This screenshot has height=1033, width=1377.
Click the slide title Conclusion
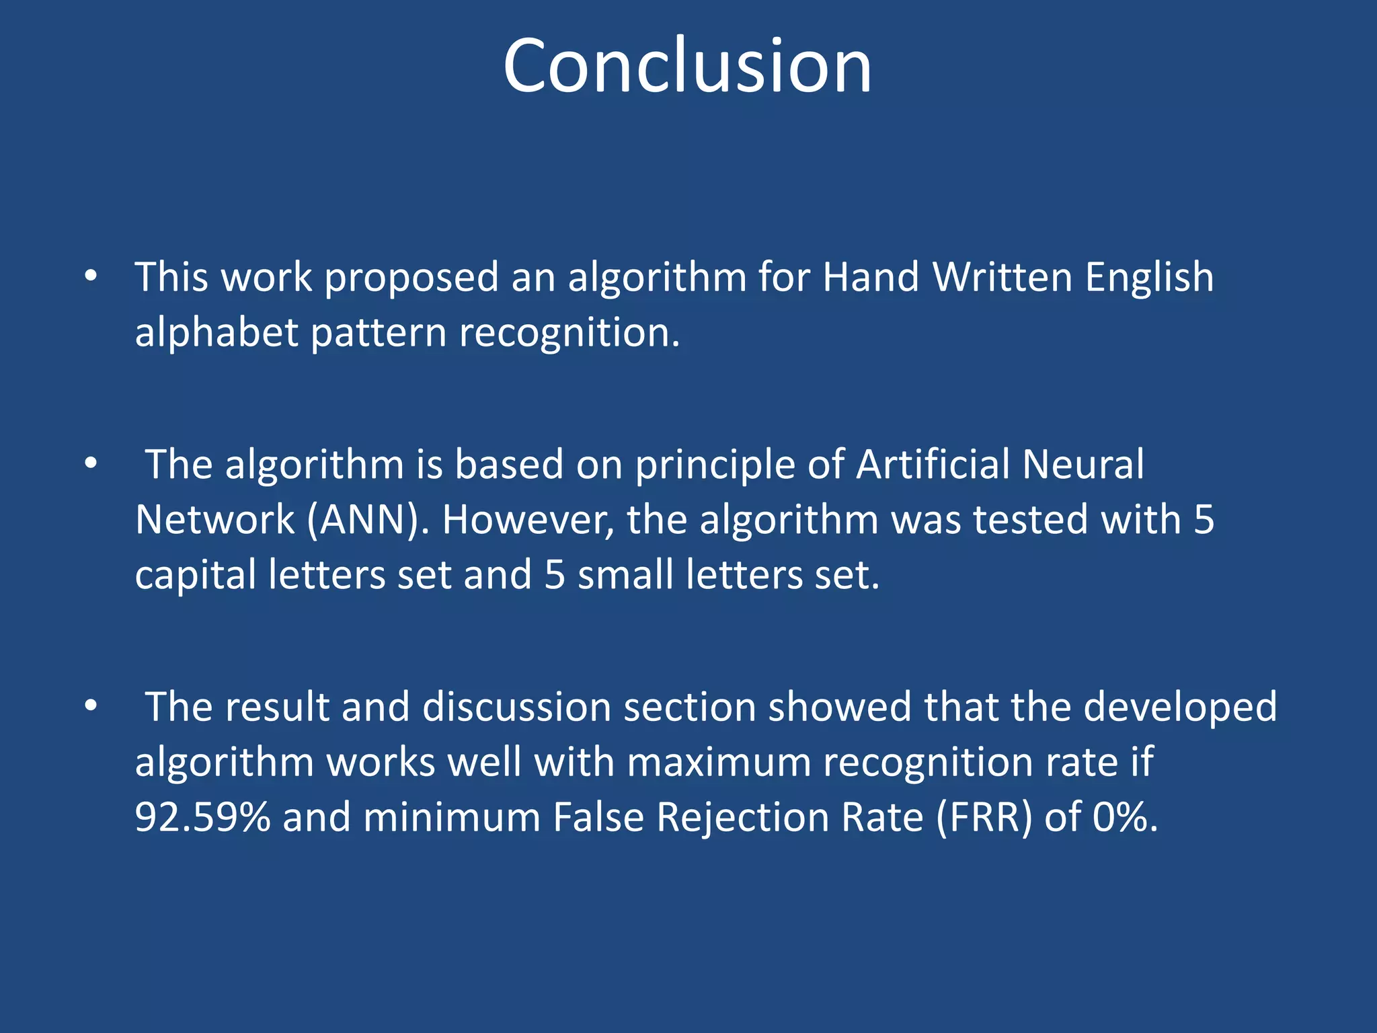687,66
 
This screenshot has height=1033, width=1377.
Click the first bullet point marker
91,276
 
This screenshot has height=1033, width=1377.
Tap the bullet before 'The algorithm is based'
91,464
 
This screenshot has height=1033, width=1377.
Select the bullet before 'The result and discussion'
91,706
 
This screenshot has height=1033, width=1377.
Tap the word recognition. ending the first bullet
569,334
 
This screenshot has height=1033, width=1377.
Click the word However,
528,521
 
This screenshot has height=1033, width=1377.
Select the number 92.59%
202,817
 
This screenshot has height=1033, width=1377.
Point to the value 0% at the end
1125,817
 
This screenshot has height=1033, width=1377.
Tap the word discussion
516,707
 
